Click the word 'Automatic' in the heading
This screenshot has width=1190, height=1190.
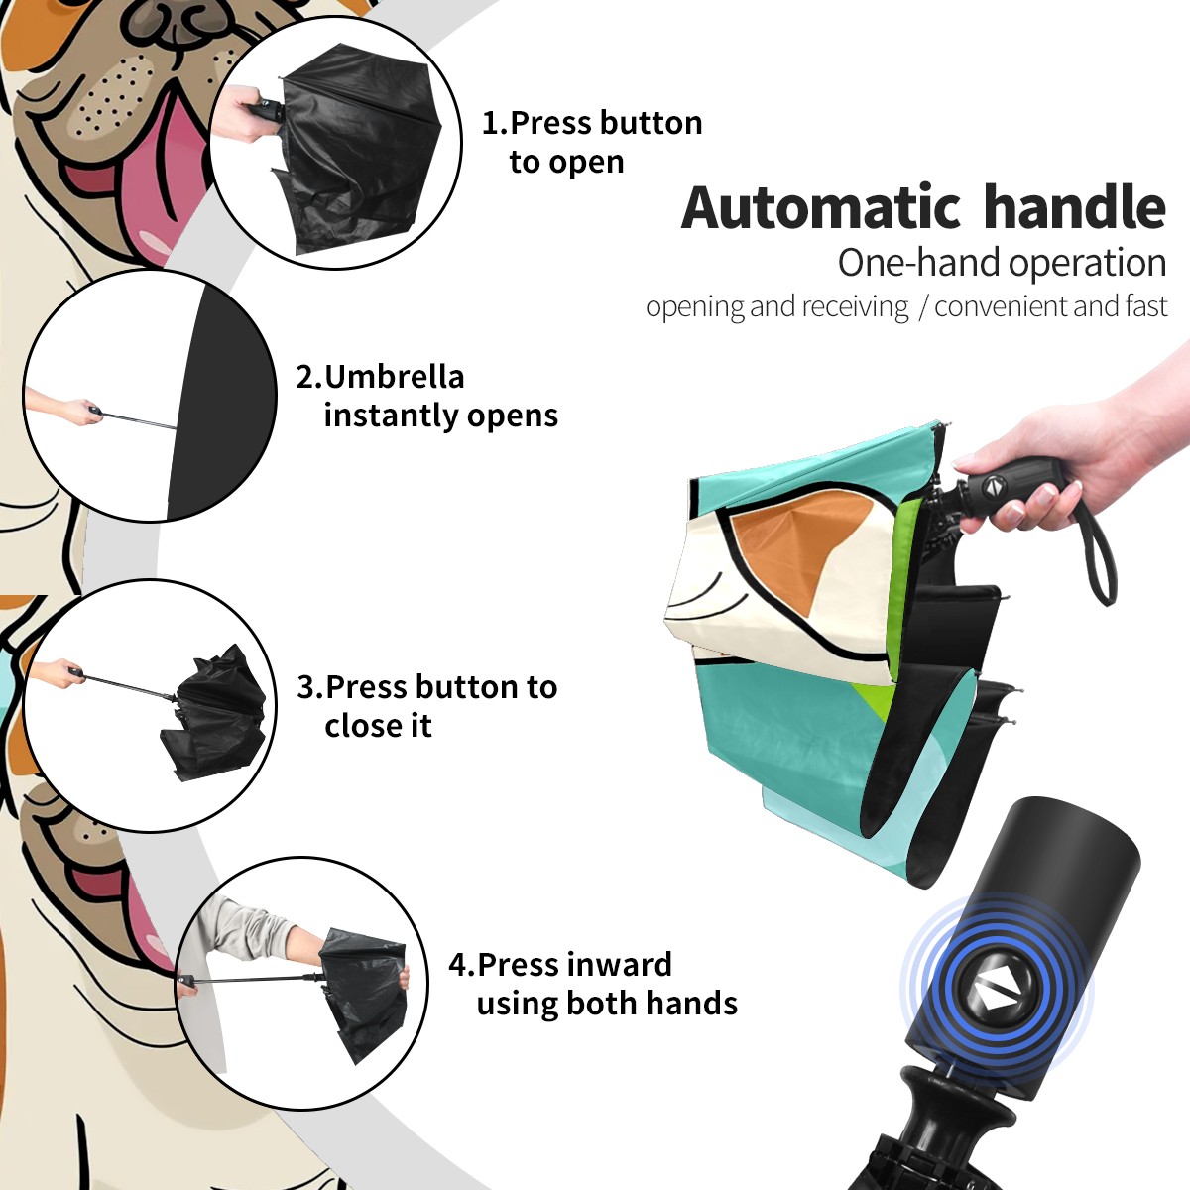(821, 208)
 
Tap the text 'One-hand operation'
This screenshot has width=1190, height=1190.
(1002, 263)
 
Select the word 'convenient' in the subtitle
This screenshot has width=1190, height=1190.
(1002, 306)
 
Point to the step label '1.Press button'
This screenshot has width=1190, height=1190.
(592, 123)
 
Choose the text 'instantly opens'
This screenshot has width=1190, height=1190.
(441, 415)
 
